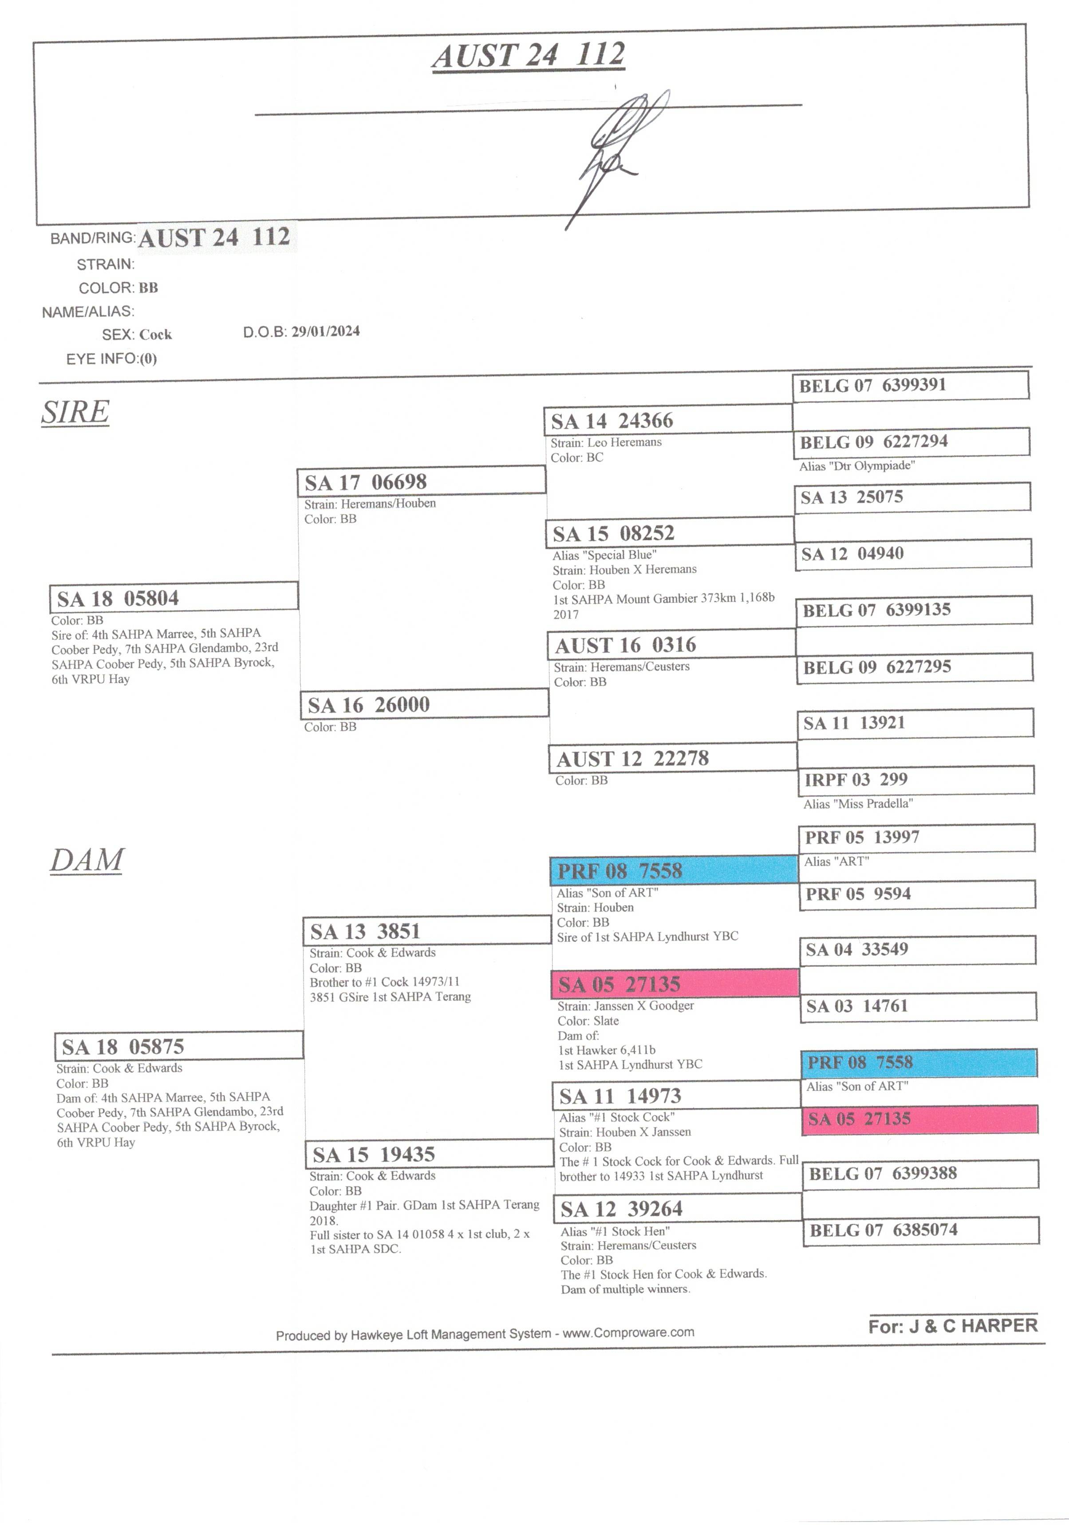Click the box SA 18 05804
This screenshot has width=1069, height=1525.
(174, 597)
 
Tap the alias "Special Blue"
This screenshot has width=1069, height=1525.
(604, 555)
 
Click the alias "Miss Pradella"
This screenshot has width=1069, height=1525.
(858, 804)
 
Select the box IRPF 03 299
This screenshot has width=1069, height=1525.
(915, 780)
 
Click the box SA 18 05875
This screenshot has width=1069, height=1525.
(179, 1047)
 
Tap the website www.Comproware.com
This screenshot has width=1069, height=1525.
(628, 1332)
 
